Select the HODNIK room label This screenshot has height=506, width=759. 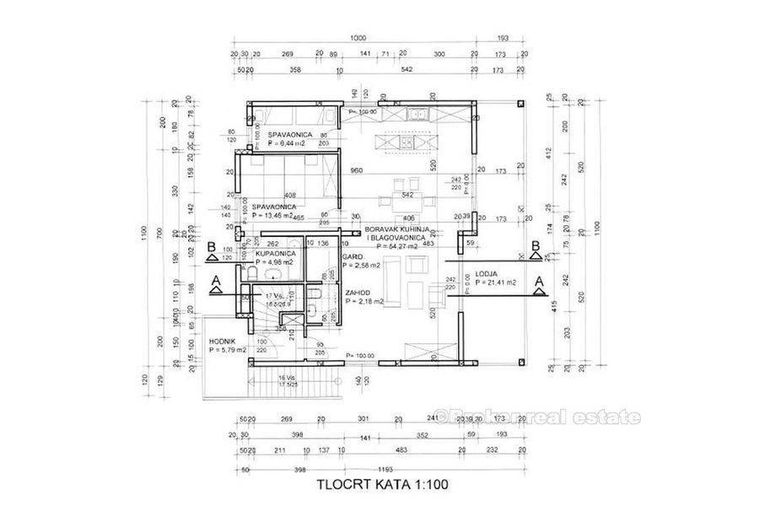223,341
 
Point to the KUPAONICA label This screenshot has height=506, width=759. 274,253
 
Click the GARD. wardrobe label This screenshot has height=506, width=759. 352,256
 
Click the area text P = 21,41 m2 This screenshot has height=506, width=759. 500,283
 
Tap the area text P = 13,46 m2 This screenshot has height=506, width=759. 272,215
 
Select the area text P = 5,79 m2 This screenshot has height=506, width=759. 227,349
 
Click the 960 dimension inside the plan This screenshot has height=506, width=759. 357,170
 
